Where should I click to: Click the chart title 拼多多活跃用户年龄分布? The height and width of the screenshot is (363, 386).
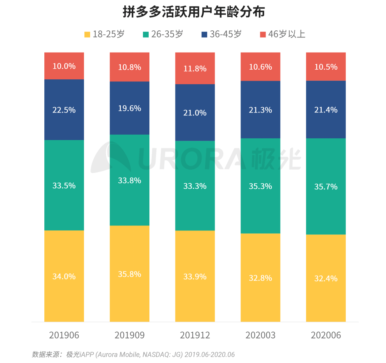point(193,12)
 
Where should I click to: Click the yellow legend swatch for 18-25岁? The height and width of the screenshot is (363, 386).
point(87,35)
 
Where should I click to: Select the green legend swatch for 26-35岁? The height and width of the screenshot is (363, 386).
point(145,35)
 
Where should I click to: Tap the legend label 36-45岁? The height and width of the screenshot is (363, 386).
point(226,34)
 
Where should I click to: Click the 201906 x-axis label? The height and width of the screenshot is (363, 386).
point(64,335)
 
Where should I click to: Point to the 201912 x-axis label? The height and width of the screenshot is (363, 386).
point(195,335)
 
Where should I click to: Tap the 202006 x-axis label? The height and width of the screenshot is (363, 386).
point(326,335)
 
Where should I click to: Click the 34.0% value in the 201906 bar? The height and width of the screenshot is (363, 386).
point(64,276)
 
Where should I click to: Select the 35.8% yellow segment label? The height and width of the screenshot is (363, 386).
point(129,274)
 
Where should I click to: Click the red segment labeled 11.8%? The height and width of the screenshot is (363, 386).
point(195,68)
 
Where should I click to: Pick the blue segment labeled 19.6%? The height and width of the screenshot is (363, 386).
point(129,108)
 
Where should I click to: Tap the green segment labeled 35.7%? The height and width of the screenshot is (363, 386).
point(326,187)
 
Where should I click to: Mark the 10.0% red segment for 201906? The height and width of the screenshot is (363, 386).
point(64,66)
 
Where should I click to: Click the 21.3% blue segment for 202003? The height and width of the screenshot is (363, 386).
point(260,110)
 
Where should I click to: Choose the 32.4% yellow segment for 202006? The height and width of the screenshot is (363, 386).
point(326,278)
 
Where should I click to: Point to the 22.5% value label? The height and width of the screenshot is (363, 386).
point(64,110)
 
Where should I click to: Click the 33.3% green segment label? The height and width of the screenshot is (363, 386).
point(195,186)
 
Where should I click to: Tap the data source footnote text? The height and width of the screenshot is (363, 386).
point(133,354)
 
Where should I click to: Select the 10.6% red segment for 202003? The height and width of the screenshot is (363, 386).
point(260,67)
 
